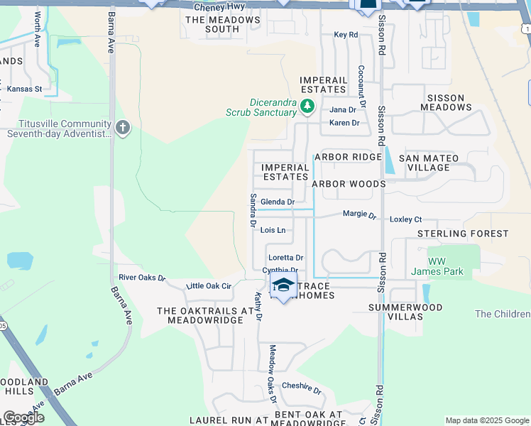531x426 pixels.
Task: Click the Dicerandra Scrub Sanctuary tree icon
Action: coord(307,106)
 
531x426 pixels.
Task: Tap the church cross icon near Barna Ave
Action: coord(123,128)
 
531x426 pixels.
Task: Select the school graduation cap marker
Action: coord(283,286)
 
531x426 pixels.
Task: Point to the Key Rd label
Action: coord(346,34)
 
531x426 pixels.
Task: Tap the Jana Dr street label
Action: coord(342,110)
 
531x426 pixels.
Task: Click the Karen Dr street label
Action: coord(344,123)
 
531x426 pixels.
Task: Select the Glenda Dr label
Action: coord(278,202)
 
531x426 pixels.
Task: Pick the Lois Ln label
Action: coord(273,230)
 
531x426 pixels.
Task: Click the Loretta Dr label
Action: coord(285,258)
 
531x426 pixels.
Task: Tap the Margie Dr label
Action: coord(359,214)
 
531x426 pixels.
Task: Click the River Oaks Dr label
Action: coord(141,278)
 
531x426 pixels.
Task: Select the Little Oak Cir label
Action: coord(208,285)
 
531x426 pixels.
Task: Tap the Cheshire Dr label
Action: coord(302,388)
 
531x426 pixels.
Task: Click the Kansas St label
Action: coord(24,89)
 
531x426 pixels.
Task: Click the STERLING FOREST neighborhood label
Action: coord(463,234)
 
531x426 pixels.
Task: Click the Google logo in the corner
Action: coord(23,417)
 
